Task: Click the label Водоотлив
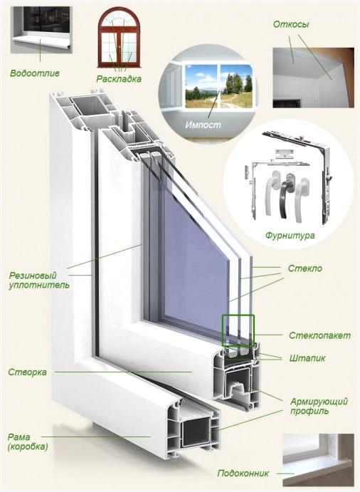35,74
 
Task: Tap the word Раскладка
119,79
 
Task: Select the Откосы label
291,24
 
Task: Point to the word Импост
203,125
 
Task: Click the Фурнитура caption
290,236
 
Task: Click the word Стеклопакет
319,335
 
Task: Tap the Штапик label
307,358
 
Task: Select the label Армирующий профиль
319,406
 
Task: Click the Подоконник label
243,473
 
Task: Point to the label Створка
27,372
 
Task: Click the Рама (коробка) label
28,441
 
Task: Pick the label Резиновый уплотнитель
39,281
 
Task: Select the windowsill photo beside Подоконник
318,459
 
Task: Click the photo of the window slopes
313,78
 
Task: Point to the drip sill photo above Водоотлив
41,30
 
